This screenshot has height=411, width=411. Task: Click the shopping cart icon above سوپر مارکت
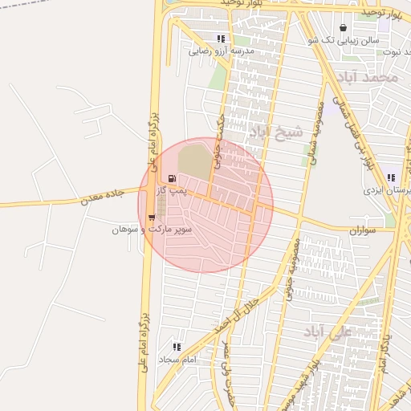[x=152, y=217]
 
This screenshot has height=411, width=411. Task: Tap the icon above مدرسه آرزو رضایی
[x=221, y=39]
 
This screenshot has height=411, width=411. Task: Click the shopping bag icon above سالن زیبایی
[x=344, y=27]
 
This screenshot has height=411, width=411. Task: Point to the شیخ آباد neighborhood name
[x=277, y=130]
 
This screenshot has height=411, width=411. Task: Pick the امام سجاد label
[x=178, y=359]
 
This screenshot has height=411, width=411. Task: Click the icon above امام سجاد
[x=177, y=347]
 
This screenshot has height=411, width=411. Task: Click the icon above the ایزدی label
[x=391, y=178]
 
